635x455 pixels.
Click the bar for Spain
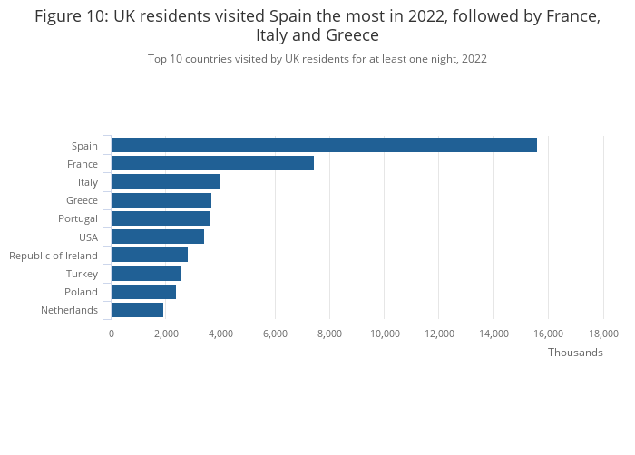tap(324, 145)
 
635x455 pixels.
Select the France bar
tap(212, 163)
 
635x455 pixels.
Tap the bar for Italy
tap(165, 182)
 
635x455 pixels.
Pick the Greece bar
tap(161, 200)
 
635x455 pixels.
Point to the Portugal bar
tap(161, 218)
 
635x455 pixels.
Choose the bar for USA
tap(157, 237)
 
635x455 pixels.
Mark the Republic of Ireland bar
tap(149, 256)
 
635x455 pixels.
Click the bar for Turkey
tap(145, 274)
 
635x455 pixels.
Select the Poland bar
tap(143, 292)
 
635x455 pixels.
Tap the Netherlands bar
tap(137, 310)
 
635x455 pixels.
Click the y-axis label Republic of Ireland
tap(54, 256)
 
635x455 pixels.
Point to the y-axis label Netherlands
tap(69, 310)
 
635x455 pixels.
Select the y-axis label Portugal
tap(78, 218)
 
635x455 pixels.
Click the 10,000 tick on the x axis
tap(385, 334)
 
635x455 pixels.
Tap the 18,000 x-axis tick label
tap(603, 334)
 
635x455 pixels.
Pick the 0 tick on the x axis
tap(112, 334)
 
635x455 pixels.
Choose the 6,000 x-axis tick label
tap(275, 334)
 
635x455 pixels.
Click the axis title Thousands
tap(575, 353)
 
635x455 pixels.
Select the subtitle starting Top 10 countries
tap(317, 59)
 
